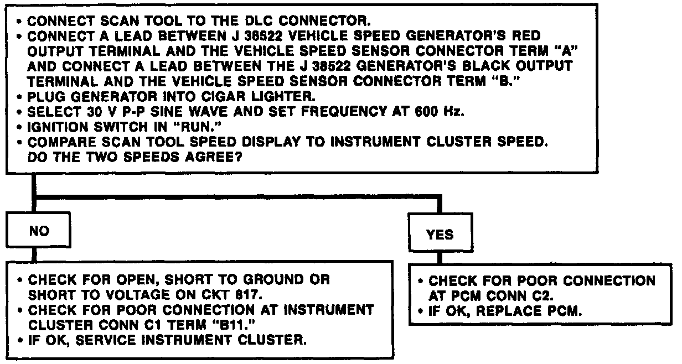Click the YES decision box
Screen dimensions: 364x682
point(440,235)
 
